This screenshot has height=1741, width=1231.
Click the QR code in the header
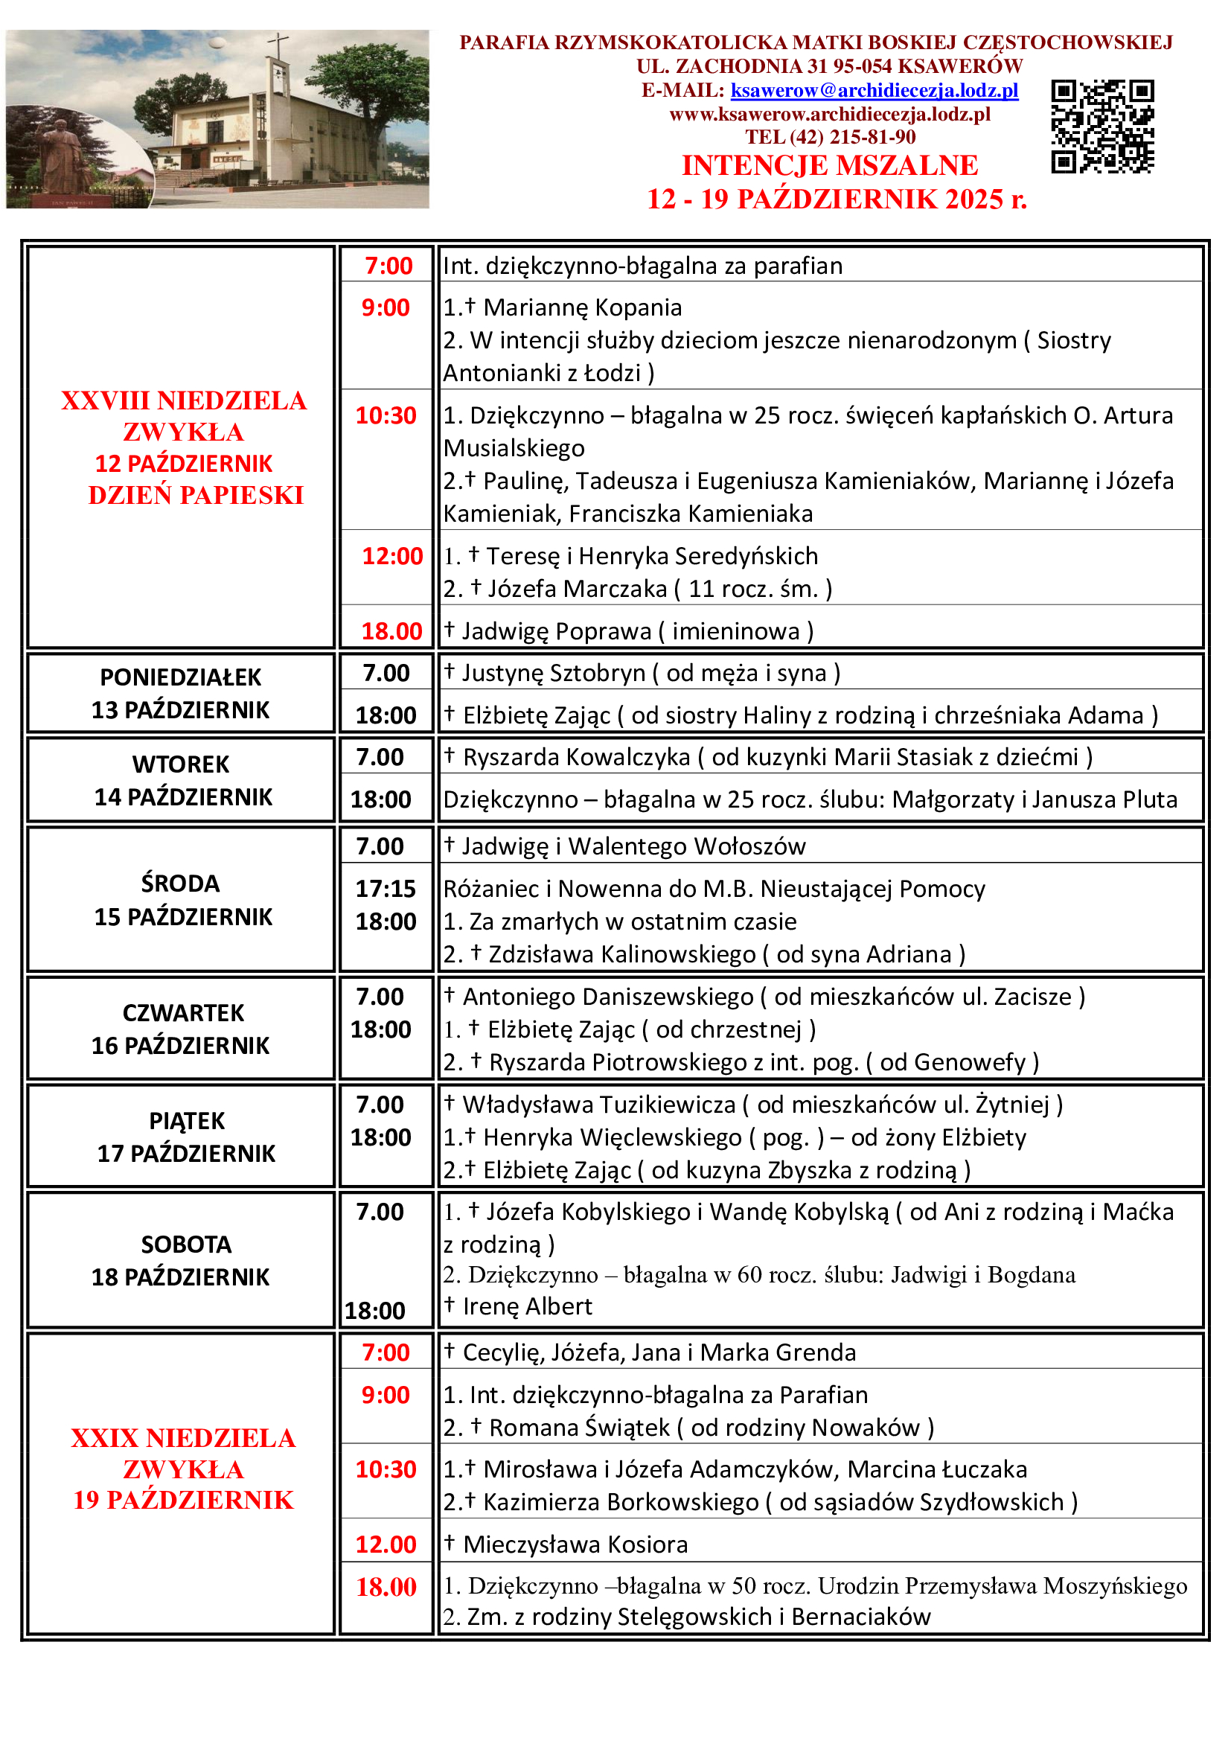coord(1102,127)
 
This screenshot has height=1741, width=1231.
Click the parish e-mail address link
coord(874,91)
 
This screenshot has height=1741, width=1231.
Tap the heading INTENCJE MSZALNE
coord(829,165)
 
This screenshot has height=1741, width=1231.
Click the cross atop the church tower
coord(278,44)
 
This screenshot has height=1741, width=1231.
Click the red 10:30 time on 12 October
coord(386,415)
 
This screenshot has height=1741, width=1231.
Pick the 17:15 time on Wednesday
coord(386,889)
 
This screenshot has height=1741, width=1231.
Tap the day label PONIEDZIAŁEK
coord(180,677)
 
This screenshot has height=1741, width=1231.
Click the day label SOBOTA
coord(187,1245)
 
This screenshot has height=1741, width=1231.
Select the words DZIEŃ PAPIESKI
coord(196,495)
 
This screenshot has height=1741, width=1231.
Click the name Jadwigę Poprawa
coord(557,632)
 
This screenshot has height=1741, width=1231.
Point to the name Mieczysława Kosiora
coord(575,1544)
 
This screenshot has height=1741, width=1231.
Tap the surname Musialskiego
coord(514,448)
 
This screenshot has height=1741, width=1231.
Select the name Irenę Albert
coord(528,1306)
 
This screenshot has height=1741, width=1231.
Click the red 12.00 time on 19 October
coord(386,1544)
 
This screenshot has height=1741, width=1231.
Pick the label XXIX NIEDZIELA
coord(182,1439)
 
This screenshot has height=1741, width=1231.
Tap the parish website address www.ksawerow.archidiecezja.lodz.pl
coord(829,115)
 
